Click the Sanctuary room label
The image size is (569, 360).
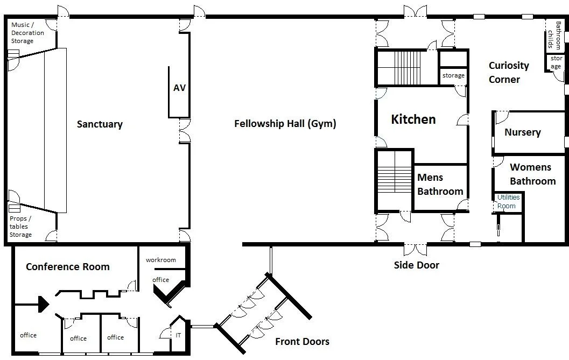tap(100, 124)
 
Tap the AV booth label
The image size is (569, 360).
tap(180, 88)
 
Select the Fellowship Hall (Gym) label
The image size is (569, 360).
tap(285, 124)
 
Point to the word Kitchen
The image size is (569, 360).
tap(413, 119)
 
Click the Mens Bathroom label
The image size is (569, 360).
tap(440, 185)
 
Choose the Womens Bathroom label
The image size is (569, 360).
tap(533, 174)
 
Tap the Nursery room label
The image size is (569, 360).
tap(523, 132)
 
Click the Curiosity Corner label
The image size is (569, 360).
tap(509, 72)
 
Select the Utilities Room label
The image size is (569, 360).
tap(508, 202)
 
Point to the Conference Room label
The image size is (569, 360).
tap(68, 267)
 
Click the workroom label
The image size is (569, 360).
tap(161, 260)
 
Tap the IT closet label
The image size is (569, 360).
tap(178, 335)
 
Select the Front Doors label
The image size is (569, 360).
tap(303, 342)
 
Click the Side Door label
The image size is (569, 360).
tap(417, 265)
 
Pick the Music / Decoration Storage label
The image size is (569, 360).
tap(27, 33)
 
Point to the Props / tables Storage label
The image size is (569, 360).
tap(20, 227)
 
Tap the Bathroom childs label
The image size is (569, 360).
tap(554, 35)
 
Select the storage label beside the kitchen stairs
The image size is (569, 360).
tap(453, 75)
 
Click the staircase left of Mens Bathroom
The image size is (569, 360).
tap(394, 181)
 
